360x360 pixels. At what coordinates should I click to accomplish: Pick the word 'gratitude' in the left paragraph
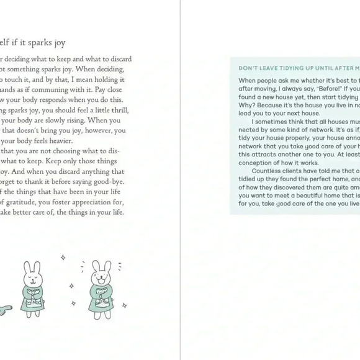click(25, 202)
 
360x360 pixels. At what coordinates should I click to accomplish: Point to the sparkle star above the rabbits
click(63, 257)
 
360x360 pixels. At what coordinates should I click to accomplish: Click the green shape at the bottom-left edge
click(4, 308)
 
